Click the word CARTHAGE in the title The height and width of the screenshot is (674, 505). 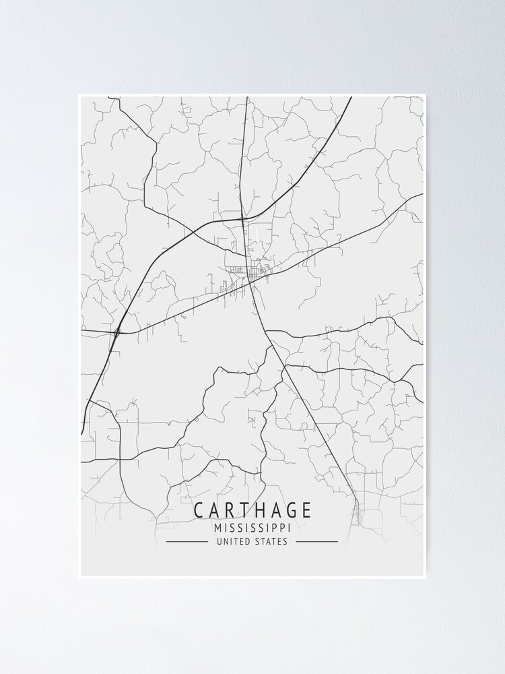pos(252,510)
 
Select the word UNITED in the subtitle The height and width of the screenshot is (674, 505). pos(232,541)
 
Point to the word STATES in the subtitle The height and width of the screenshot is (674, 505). pos(271,541)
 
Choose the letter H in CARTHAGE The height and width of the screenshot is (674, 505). pos(252,510)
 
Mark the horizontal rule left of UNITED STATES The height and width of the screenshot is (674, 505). pos(187,541)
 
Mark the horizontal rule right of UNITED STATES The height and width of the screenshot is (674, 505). pos(316,541)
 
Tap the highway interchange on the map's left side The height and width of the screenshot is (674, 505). pos(118,332)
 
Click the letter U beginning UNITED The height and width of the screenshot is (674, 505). pos(220,541)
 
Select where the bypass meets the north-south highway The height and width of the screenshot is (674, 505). pos(244,218)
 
